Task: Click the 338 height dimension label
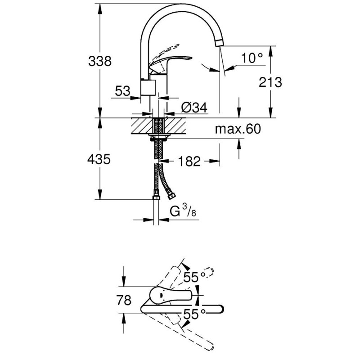(x=99, y=61)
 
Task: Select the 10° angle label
(x=252, y=58)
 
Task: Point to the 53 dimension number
(x=122, y=91)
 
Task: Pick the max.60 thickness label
(x=237, y=130)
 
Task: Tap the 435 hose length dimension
(x=99, y=160)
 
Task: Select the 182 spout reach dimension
(x=189, y=161)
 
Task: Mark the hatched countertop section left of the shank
(x=142, y=126)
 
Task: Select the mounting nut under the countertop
(x=158, y=136)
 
